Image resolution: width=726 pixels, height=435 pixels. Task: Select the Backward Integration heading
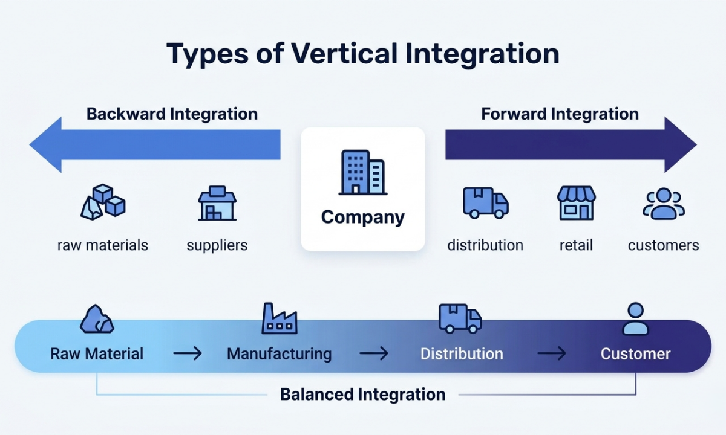[x=172, y=114]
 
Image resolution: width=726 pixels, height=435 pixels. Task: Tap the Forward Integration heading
[x=560, y=114]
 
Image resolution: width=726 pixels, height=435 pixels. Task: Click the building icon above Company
[x=362, y=173]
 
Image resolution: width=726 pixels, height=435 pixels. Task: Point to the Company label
[x=362, y=217]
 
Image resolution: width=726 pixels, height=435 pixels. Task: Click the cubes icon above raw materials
[x=103, y=202]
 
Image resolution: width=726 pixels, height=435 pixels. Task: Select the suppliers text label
[x=217, y=245]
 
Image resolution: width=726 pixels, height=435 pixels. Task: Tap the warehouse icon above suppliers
[x=217, y=204]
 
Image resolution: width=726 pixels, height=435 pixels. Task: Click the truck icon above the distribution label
[x=485, y=202]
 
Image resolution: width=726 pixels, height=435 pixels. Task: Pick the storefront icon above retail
[x=576, y=203]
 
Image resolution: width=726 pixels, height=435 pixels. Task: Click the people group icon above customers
[x=664, y=204]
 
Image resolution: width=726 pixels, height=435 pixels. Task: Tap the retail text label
[x=576, y=245]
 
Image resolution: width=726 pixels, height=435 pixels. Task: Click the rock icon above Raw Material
[x=97, y=319]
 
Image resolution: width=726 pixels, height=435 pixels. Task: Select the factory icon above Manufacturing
[x=280, y=318]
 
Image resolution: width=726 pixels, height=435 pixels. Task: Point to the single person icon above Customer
[x=635, y=319]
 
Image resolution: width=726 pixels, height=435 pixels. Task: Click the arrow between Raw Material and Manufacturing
[x=188, y=353]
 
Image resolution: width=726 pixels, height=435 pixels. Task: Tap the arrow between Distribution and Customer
[x=552, y=353]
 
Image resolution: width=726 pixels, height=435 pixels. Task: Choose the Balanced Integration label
[x=362, y=395]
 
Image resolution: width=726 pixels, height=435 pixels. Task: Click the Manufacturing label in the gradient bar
[x=279, y=353]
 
